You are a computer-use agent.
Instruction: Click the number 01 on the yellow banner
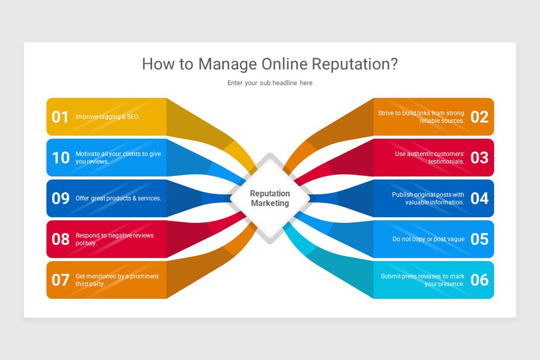pyautogui.click(x=60, y=117)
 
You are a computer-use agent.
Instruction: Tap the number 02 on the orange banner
pyautogui.click(x=479, y=117)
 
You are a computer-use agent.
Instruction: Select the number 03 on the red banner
pyautogui.click(x=479, y=157)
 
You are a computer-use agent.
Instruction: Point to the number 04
pyautogui.click(x=479, y=198)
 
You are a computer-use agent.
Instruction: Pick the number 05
pyautogui.click(x=479, y=239)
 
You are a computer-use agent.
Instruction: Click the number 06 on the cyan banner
pyautogui.click(x=479, y=280)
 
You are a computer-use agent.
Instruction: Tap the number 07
pyautogui.click(x=60, y=280)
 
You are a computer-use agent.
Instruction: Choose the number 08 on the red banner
pyautogui.click(x=60, y=239)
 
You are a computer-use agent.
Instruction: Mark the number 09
pyautogui.click(x=60, y=198)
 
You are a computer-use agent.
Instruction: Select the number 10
pyautogui.click(x=60, y=157)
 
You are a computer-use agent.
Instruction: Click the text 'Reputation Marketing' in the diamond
pyautogui.click(x=270, y=198)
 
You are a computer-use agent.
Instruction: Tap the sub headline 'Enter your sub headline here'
pyautogui.click(x=270, y=83)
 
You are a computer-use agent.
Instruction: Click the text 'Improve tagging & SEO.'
pyautogui.click(x=108, y=117)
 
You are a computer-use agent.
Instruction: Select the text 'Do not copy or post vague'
pyautogui.click(x=428, y=239)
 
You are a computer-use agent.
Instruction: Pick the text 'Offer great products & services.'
pyautogui.click(x=118, y=198)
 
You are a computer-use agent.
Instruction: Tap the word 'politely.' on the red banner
pyautogui.click(x=86, y=243)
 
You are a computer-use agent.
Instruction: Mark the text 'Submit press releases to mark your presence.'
pyautogui.click(x=422, y=280)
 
